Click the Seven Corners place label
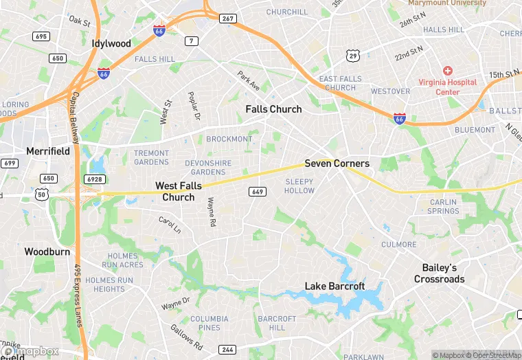[x=337, y=164]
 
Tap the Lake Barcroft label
[x=334, y=286]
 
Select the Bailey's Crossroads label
[x=439, y=273]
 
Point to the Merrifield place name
[x=47, y=150]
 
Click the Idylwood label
[x=111, y=43]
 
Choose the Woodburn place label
[x=47, y=251]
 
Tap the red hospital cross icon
[x=447, y=71]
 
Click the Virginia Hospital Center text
[x=448, y=87]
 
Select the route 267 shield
[x=228, y=19]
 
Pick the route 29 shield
[x=353, y=55]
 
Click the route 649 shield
[x=257, y=192]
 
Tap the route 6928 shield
[x=94, y=179]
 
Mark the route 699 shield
[x=10, y=163]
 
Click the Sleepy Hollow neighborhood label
[x=299, y=185]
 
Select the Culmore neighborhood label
[x=398, y=244]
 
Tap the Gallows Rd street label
[x=186, y=337]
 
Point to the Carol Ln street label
[x=170, y=225]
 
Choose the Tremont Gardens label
[x=151, y=157]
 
